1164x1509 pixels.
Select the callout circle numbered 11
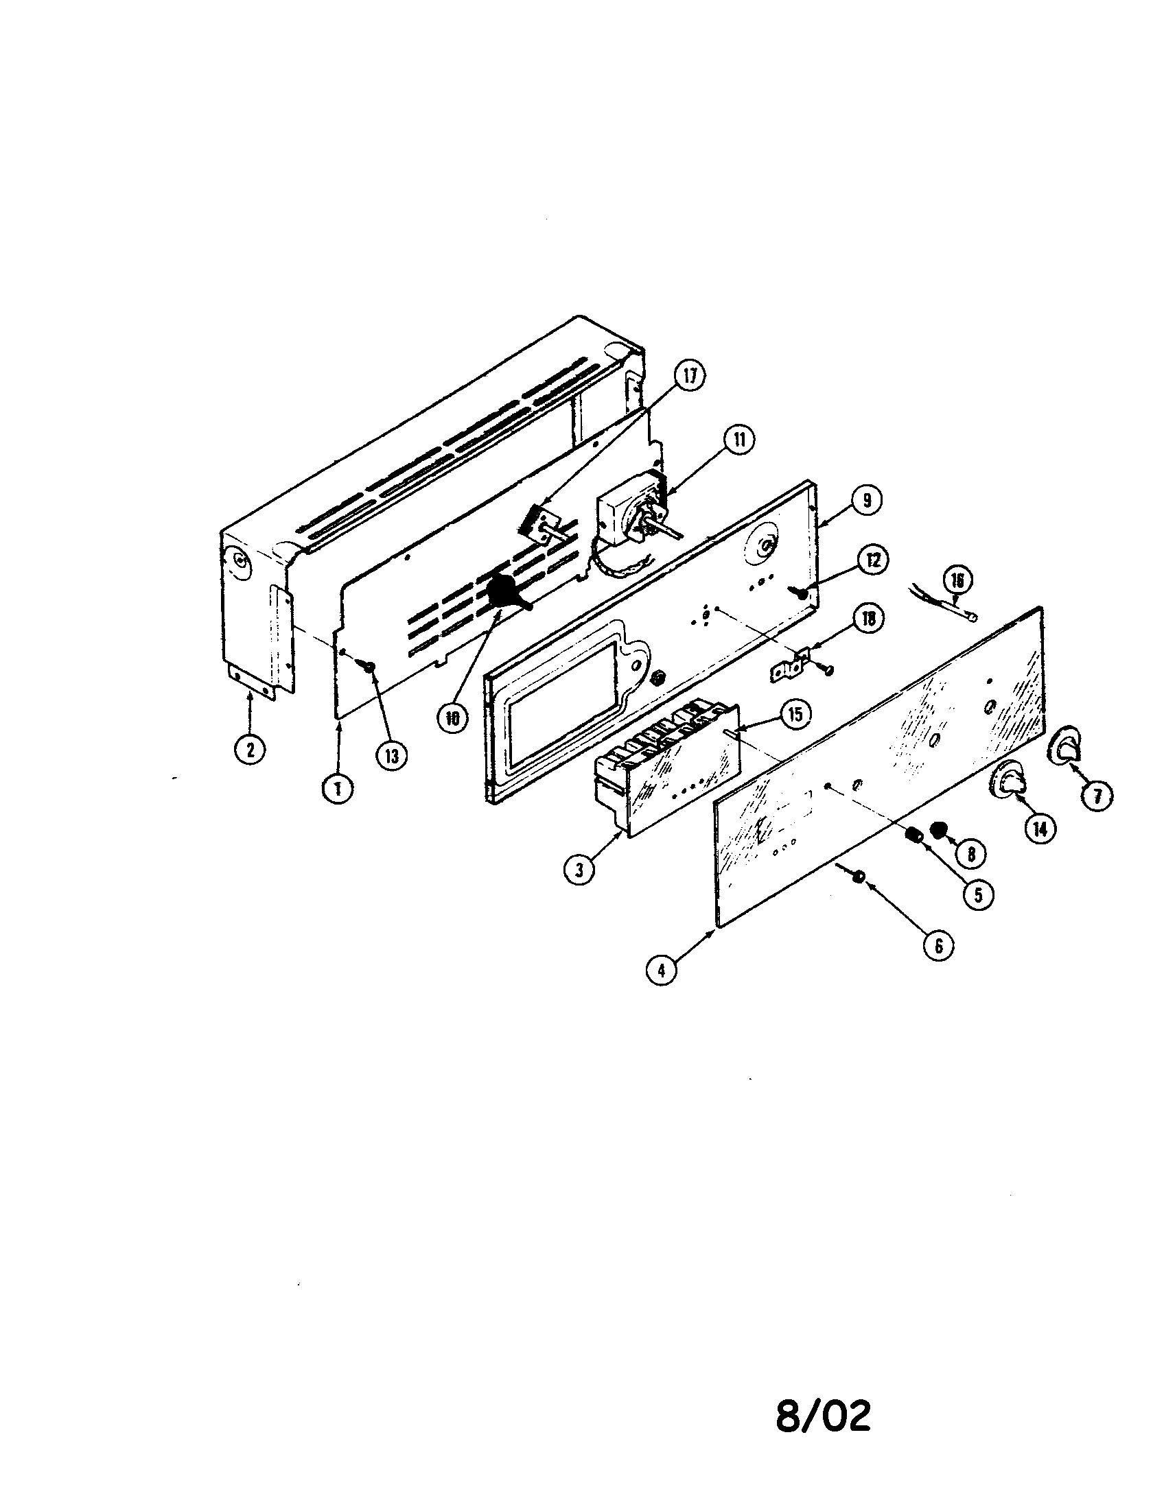click(x=739, y=440)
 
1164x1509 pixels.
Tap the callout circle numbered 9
click(x=866, y=499)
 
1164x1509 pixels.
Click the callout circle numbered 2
click(x=250, y=748)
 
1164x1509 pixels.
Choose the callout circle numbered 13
click(x=392, y=756)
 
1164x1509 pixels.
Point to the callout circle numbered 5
click(x=978, y=894)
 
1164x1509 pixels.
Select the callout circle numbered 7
click(x=1097, y=796)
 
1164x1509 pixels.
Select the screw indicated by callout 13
click(x=367, y=665)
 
